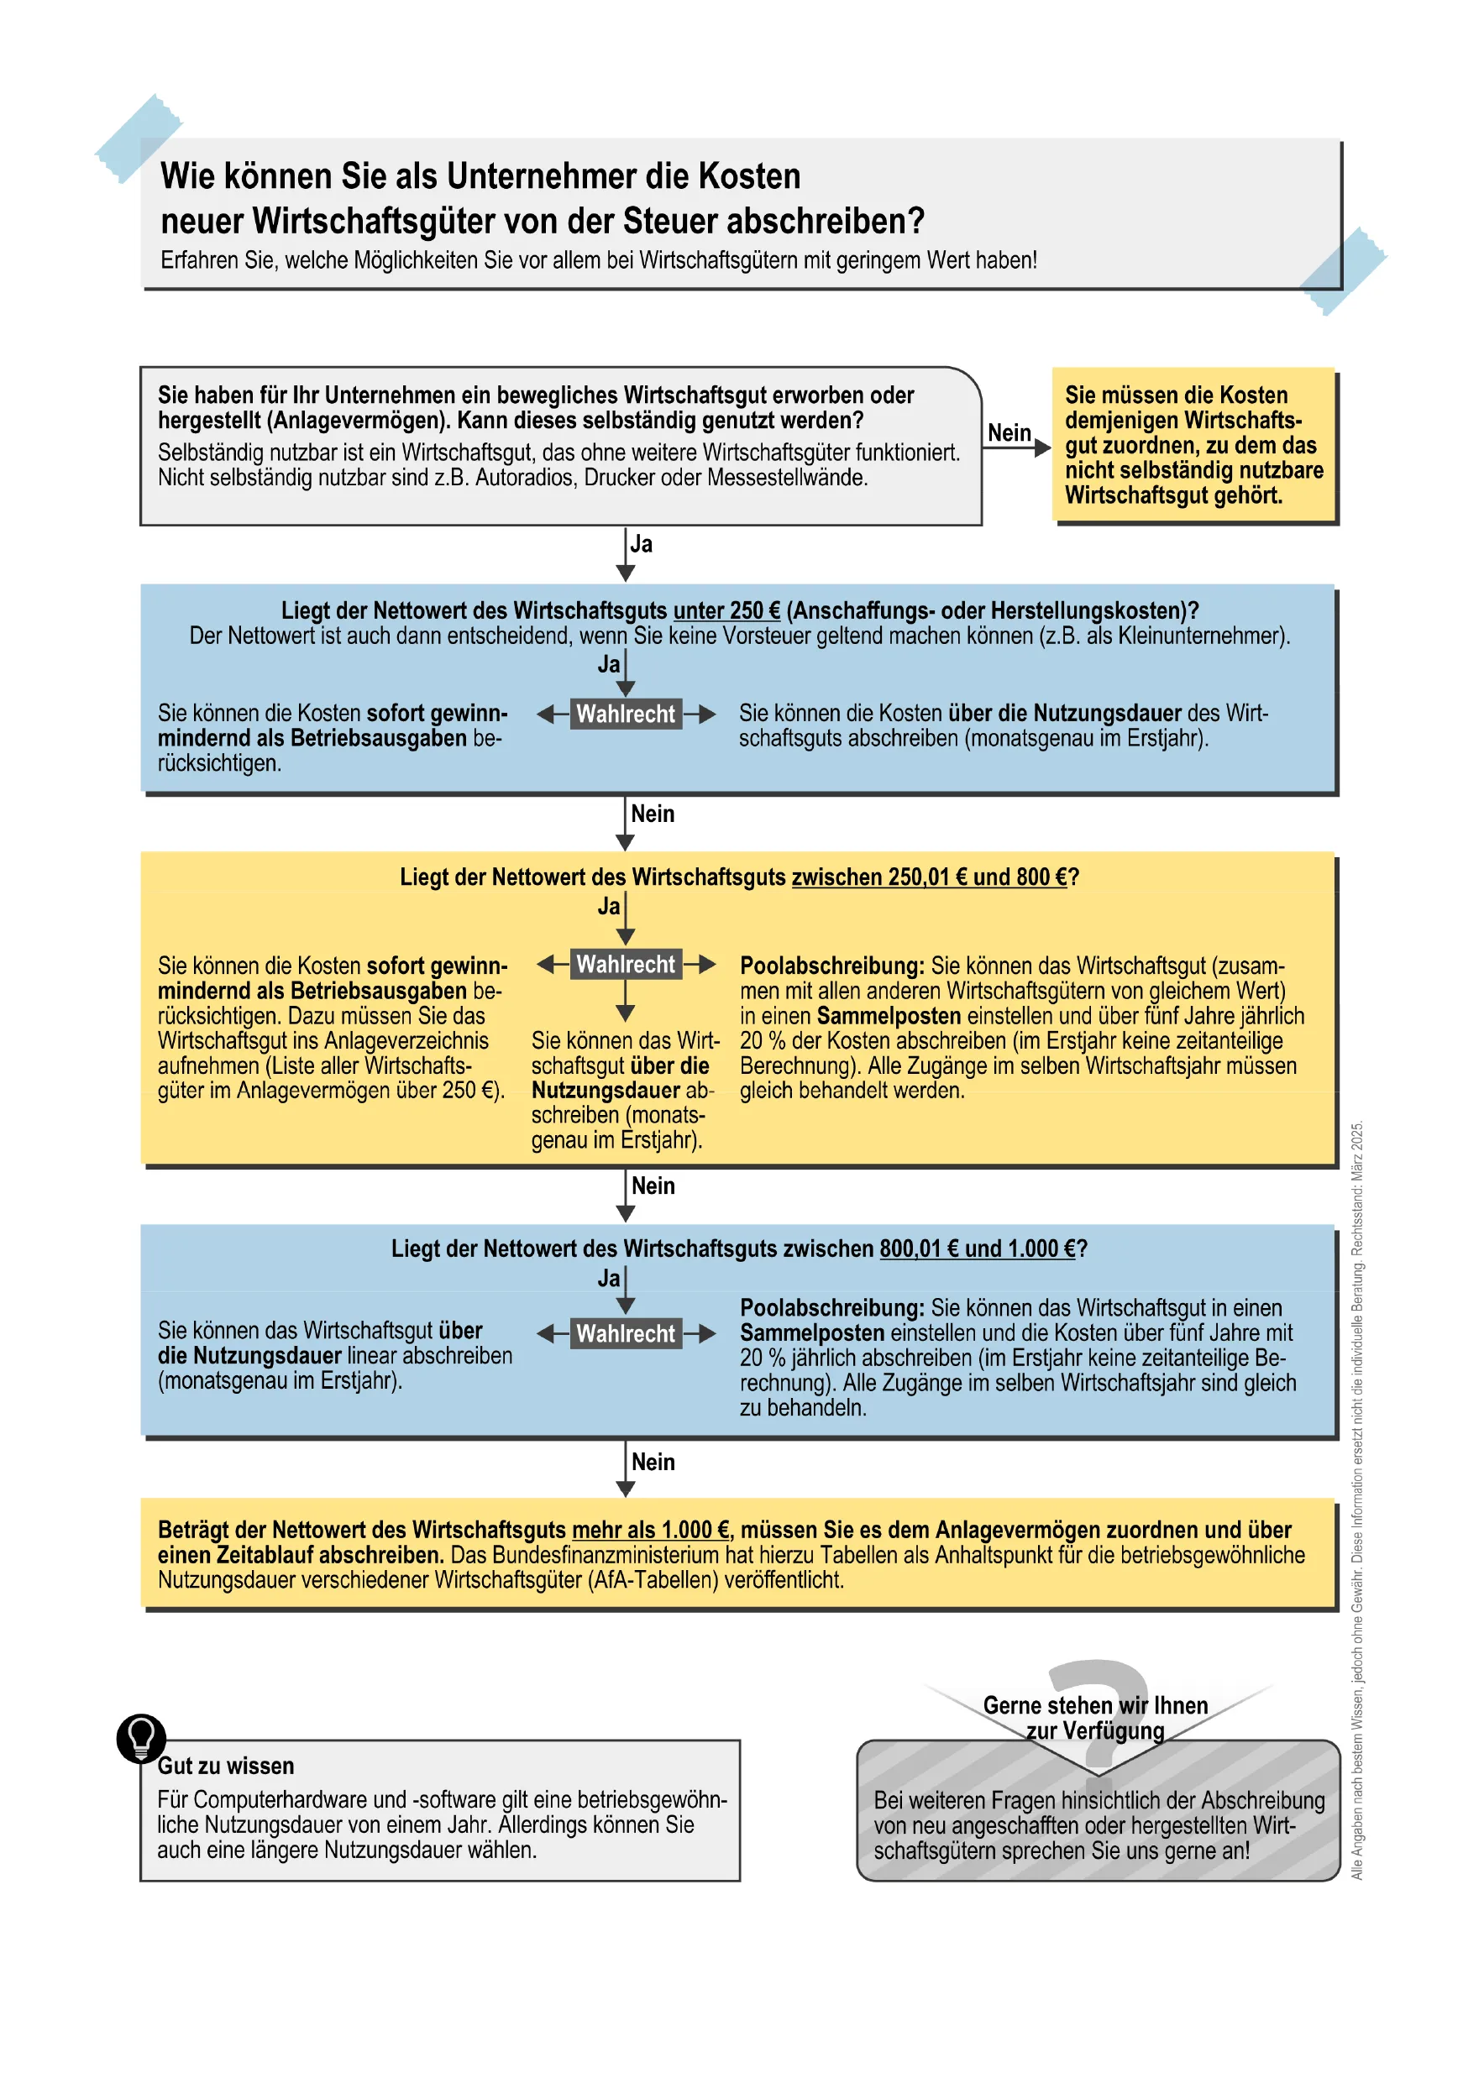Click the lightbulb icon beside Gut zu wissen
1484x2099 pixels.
(x=142, y=1738)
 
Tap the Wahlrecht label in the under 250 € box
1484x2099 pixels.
(x=626, y=714)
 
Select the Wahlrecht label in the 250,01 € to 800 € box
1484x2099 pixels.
(x=626, y=965)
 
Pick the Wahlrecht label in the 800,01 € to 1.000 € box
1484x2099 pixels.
(x=626, y=1334)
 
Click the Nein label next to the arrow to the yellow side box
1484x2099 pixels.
(x=1009, y=433)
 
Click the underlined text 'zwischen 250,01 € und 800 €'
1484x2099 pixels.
(x=928, y=877)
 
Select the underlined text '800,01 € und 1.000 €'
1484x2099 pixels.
(x=977, y=1248)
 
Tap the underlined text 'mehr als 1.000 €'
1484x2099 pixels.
(x=650, y=1531)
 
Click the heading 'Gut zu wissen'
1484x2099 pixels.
(x=226, y=1767)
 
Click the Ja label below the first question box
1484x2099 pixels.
(x=642, y=545)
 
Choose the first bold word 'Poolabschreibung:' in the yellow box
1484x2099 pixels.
(x=831, y=966)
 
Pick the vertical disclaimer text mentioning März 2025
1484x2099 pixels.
(x=1357, y=1500)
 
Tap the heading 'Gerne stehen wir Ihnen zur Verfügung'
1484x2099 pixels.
(x=1094, y=1719)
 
